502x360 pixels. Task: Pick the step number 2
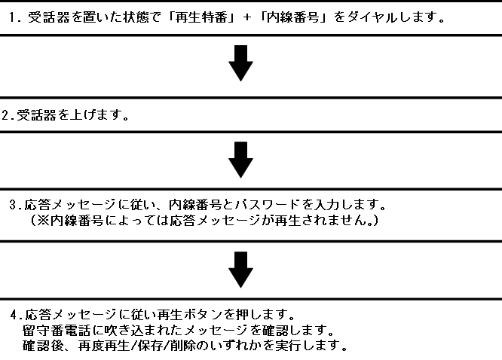[x=6, y=116]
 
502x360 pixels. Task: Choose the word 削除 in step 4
[x=178, y=347]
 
